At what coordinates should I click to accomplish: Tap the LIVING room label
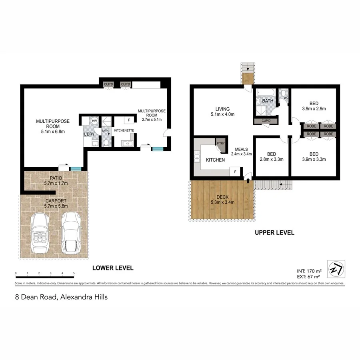coord(222,109)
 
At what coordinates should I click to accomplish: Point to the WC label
coord(286,97)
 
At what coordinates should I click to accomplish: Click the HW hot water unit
coord(94,120)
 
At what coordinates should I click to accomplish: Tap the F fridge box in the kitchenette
coord(129,120)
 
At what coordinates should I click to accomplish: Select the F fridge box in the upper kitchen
coord(235,172)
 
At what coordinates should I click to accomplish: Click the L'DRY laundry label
coord(89,134)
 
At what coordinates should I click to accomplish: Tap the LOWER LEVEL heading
coord(113,268)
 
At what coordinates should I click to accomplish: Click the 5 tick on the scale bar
coord(74,274)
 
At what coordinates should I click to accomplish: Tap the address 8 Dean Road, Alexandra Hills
coord(61,297)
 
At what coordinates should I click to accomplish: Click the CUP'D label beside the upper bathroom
coord(266,120)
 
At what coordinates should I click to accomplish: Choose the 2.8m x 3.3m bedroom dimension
coord(271,160)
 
